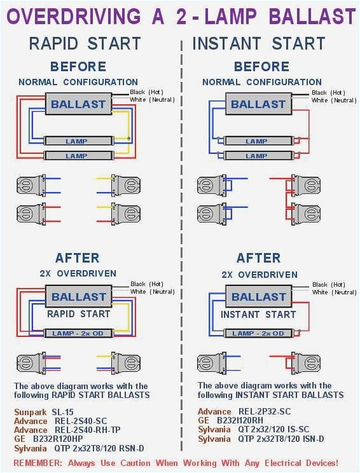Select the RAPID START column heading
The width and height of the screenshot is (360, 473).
click(85, 43)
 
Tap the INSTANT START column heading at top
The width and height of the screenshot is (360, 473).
click(259, 43)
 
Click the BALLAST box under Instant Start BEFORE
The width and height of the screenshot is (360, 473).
click(258, 104)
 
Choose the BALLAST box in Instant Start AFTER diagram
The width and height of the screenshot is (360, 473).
click(258, 297)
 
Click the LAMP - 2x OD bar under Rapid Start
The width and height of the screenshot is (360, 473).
click(78, 333)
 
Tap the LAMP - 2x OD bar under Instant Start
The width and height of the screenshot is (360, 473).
click(258, 333)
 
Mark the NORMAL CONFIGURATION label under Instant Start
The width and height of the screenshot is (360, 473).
click(262, 82)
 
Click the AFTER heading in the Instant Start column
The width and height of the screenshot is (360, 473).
click(259, 257)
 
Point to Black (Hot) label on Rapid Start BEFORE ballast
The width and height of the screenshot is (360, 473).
click(148, 92)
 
